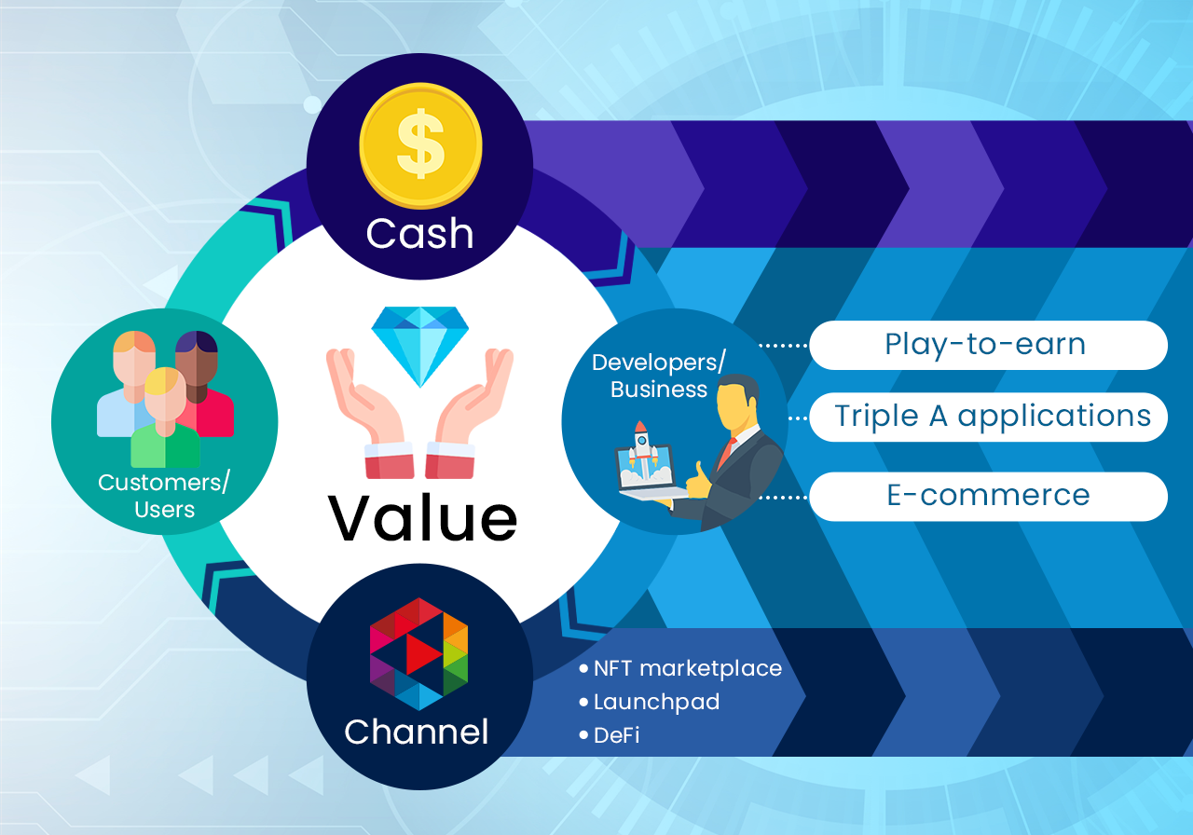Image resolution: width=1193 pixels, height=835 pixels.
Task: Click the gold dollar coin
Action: [420, 144]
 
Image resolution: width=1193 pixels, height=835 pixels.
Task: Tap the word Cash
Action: [419, 233]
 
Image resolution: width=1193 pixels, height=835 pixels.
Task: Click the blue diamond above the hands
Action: [419, 346]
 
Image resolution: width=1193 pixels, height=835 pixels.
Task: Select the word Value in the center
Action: [422, 517]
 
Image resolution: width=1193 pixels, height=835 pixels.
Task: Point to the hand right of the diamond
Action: [469, 413]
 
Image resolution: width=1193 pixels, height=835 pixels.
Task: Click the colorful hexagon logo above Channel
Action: [419, 654]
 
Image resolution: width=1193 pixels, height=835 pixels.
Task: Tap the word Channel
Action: [417, 732]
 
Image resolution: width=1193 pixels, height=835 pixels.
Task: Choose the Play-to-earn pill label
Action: [989, 345]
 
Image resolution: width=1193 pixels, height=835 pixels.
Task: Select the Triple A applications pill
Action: [989, 417]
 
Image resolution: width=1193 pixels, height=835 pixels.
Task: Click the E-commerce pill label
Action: [989, 496]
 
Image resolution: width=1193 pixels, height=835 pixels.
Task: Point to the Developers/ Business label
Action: [659, 376]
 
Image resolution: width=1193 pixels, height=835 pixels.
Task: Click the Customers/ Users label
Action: [164, 495]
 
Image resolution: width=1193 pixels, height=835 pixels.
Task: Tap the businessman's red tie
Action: [726, 453]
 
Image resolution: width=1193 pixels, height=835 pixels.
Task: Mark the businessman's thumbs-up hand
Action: [698, 482]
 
